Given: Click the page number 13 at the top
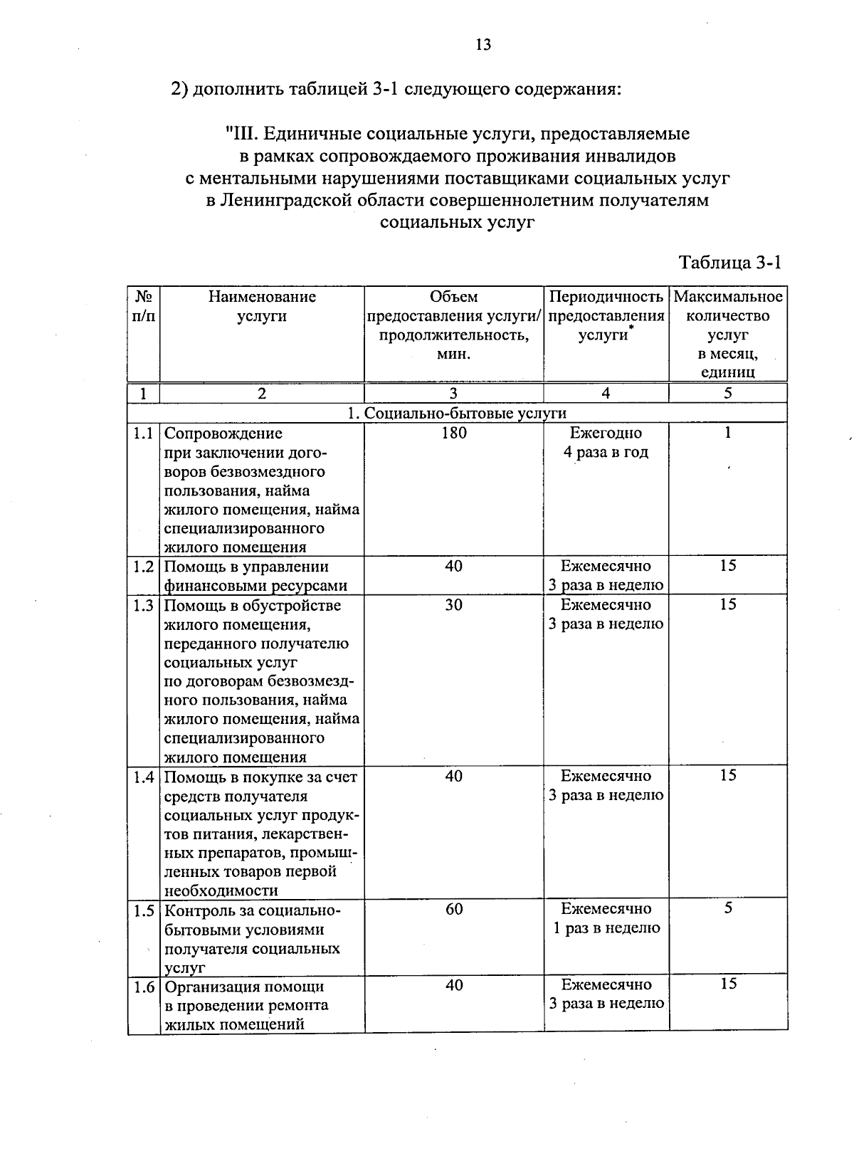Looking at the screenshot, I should [483, 45].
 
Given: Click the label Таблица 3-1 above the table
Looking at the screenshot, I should [730, 263].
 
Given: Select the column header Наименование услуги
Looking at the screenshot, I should [262, 306].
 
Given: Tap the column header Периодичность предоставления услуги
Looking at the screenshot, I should [606, 315].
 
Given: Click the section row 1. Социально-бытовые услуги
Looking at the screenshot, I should [457, 413].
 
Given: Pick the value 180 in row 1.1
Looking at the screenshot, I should [453, 433].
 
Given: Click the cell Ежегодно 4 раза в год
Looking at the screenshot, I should [606, 442].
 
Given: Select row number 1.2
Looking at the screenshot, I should [144, 567].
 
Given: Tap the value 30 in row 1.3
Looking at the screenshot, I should [453, 605].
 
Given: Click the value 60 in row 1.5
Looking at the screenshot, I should [454, 909].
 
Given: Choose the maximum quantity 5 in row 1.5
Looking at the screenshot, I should [728, 908].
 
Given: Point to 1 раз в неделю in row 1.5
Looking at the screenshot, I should [607, 928].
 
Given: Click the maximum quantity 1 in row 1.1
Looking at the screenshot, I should [728, 433].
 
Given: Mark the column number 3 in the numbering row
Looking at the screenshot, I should [453, 393].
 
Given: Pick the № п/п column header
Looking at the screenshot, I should [144, 306].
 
